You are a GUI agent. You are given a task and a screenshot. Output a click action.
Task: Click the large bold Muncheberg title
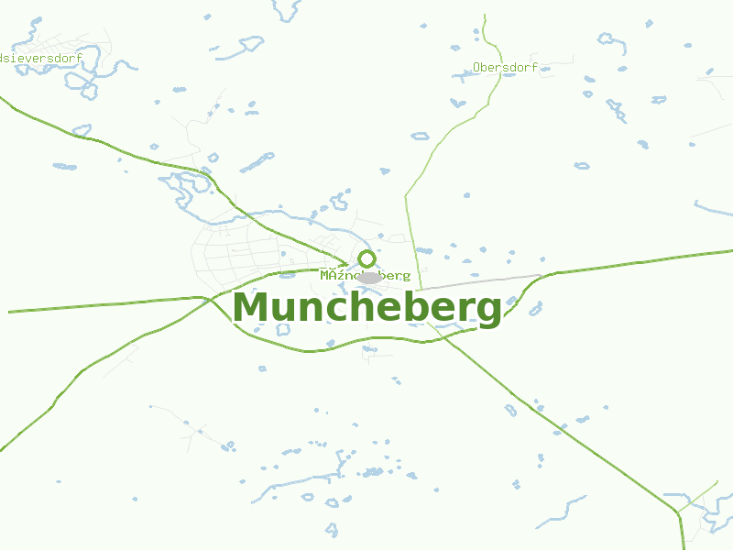tap(366, 308)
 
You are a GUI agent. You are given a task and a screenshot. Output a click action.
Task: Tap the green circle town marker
tap(366, 258)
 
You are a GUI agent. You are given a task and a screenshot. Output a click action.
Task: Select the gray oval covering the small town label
tap(369, 277)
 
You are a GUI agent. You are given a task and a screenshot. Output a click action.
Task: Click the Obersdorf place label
tap(505, 67)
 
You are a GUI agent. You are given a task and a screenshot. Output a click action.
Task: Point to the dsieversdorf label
tap(42, 58)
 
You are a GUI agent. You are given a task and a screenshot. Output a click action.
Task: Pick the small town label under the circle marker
tap(365, 275)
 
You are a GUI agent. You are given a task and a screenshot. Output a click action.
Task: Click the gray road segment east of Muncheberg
tap(486, 281)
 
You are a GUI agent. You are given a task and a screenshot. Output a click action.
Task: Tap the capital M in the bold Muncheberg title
tap(252, 308)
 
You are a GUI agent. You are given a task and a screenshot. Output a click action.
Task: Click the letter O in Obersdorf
tap(477, 67)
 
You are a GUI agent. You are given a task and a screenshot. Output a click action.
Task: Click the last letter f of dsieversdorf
tap(80, 58)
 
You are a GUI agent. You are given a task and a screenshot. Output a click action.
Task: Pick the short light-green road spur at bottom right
tap(700, 495)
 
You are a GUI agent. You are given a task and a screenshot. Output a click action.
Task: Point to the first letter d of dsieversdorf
tap(4, 58)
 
